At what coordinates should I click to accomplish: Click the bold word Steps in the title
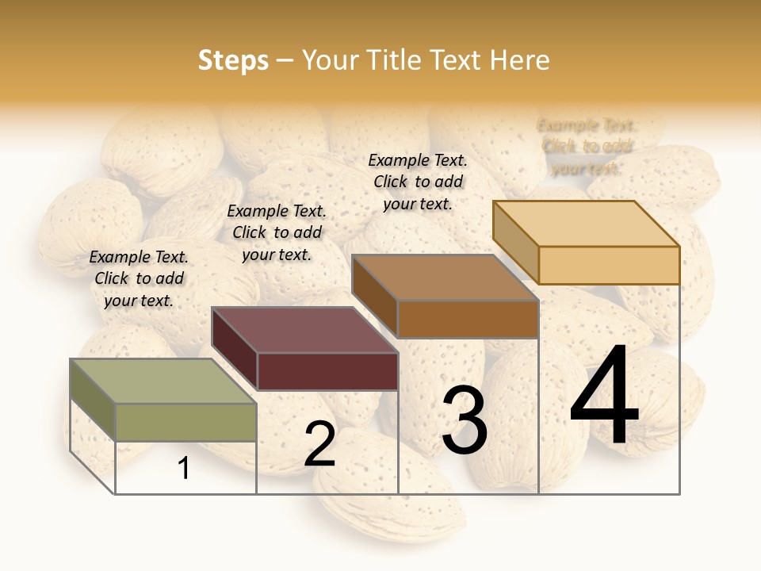click(233, 60)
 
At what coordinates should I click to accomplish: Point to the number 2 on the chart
click(319, 445)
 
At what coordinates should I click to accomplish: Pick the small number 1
click(184, 469)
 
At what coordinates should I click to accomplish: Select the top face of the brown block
click(445, 278)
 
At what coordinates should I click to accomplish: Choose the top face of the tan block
click(587, 224)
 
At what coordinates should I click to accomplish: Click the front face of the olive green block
click(186, 422)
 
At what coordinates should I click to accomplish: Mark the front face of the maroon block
click(327, 371)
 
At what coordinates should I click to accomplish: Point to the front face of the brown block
click(468, 319)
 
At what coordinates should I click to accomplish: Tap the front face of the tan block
click(609, 265)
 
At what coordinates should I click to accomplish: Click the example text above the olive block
click(139, 278)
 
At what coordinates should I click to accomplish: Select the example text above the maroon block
click(277, 232)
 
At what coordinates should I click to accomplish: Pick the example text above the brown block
click(418, 182)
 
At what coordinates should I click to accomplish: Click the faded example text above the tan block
click(587, 147)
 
